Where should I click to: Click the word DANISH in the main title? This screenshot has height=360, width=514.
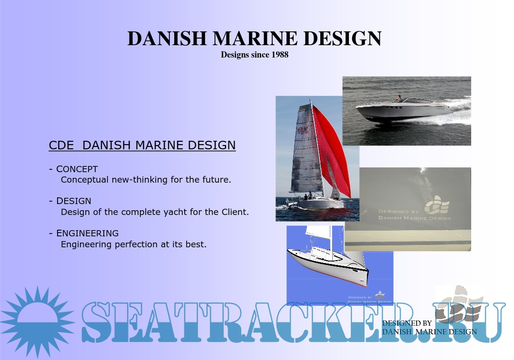[166, 39]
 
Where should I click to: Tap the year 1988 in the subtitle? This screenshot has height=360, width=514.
[280, 55]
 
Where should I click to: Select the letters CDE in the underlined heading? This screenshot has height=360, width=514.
[61, 146]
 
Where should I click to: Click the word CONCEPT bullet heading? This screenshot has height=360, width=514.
[77, 169]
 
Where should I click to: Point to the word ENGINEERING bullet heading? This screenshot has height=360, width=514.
[88, 234]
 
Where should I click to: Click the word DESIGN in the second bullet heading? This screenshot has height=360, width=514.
[74, 201]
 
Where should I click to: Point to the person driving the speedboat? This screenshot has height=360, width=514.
[399, 98]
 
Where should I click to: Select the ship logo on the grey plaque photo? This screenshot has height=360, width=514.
[436, 204]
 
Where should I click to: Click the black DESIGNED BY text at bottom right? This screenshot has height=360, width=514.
[407, 323]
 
